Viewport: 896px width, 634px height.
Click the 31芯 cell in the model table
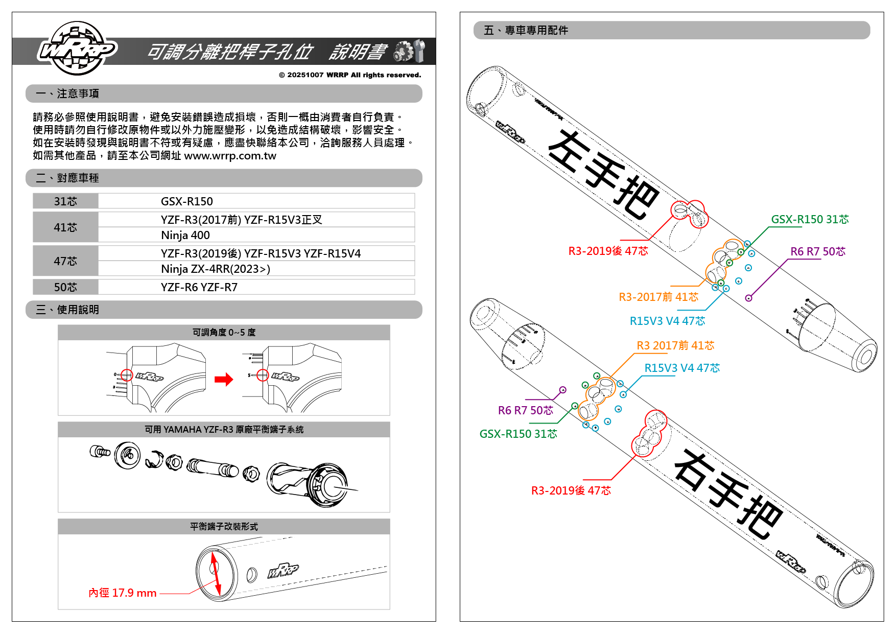(x=65, y=201)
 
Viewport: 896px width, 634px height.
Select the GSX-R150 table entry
(x=186, y=201)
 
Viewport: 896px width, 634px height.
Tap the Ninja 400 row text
(x=185, y=235)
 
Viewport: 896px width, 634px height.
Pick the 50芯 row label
(x=65, y=287)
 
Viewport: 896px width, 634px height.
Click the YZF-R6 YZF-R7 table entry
(x=199, y=287)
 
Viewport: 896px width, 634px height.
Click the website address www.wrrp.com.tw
(x=230, y=156)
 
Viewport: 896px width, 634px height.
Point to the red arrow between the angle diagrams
(x=224, y=379)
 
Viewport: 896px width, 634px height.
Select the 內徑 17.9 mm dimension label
(x=123, y=593)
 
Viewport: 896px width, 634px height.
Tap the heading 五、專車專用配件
(x=526, y=31)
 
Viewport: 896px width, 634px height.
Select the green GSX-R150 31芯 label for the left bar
(x=810, y=219)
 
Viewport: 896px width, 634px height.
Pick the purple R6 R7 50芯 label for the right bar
(x=525, y=410)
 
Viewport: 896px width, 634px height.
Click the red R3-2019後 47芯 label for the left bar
(x=608, y=251)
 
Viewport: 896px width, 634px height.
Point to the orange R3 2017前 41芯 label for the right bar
(x=675, y=345)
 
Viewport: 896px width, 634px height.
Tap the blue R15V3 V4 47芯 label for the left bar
(x=667, y=321)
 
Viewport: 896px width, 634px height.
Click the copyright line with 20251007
(x=350, y=75)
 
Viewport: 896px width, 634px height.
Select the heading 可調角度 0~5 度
(x=224, y=333)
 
